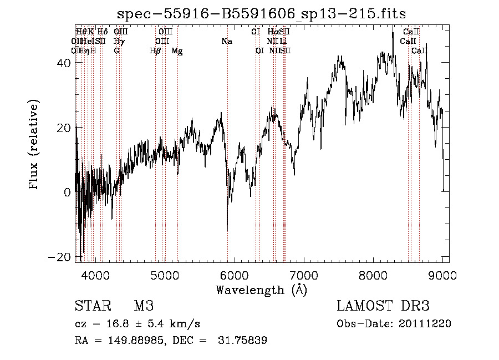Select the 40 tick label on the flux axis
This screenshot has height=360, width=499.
pos(64,63)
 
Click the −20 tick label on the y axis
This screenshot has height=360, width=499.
pos(61,257)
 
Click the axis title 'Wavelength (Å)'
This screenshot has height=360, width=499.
pos(261,290)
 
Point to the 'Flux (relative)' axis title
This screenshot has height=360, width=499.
pos(35,145)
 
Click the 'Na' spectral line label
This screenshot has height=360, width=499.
pos(227,41)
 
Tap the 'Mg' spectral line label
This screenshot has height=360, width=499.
pos(177,51)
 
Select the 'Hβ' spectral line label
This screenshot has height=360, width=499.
pos(155,51)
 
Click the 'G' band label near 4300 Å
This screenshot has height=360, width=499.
pos(116,51)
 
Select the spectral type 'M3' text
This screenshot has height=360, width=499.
pos(144,306)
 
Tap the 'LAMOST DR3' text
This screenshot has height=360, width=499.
pos(383,306)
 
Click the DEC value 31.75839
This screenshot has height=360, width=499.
pos(244,341)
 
